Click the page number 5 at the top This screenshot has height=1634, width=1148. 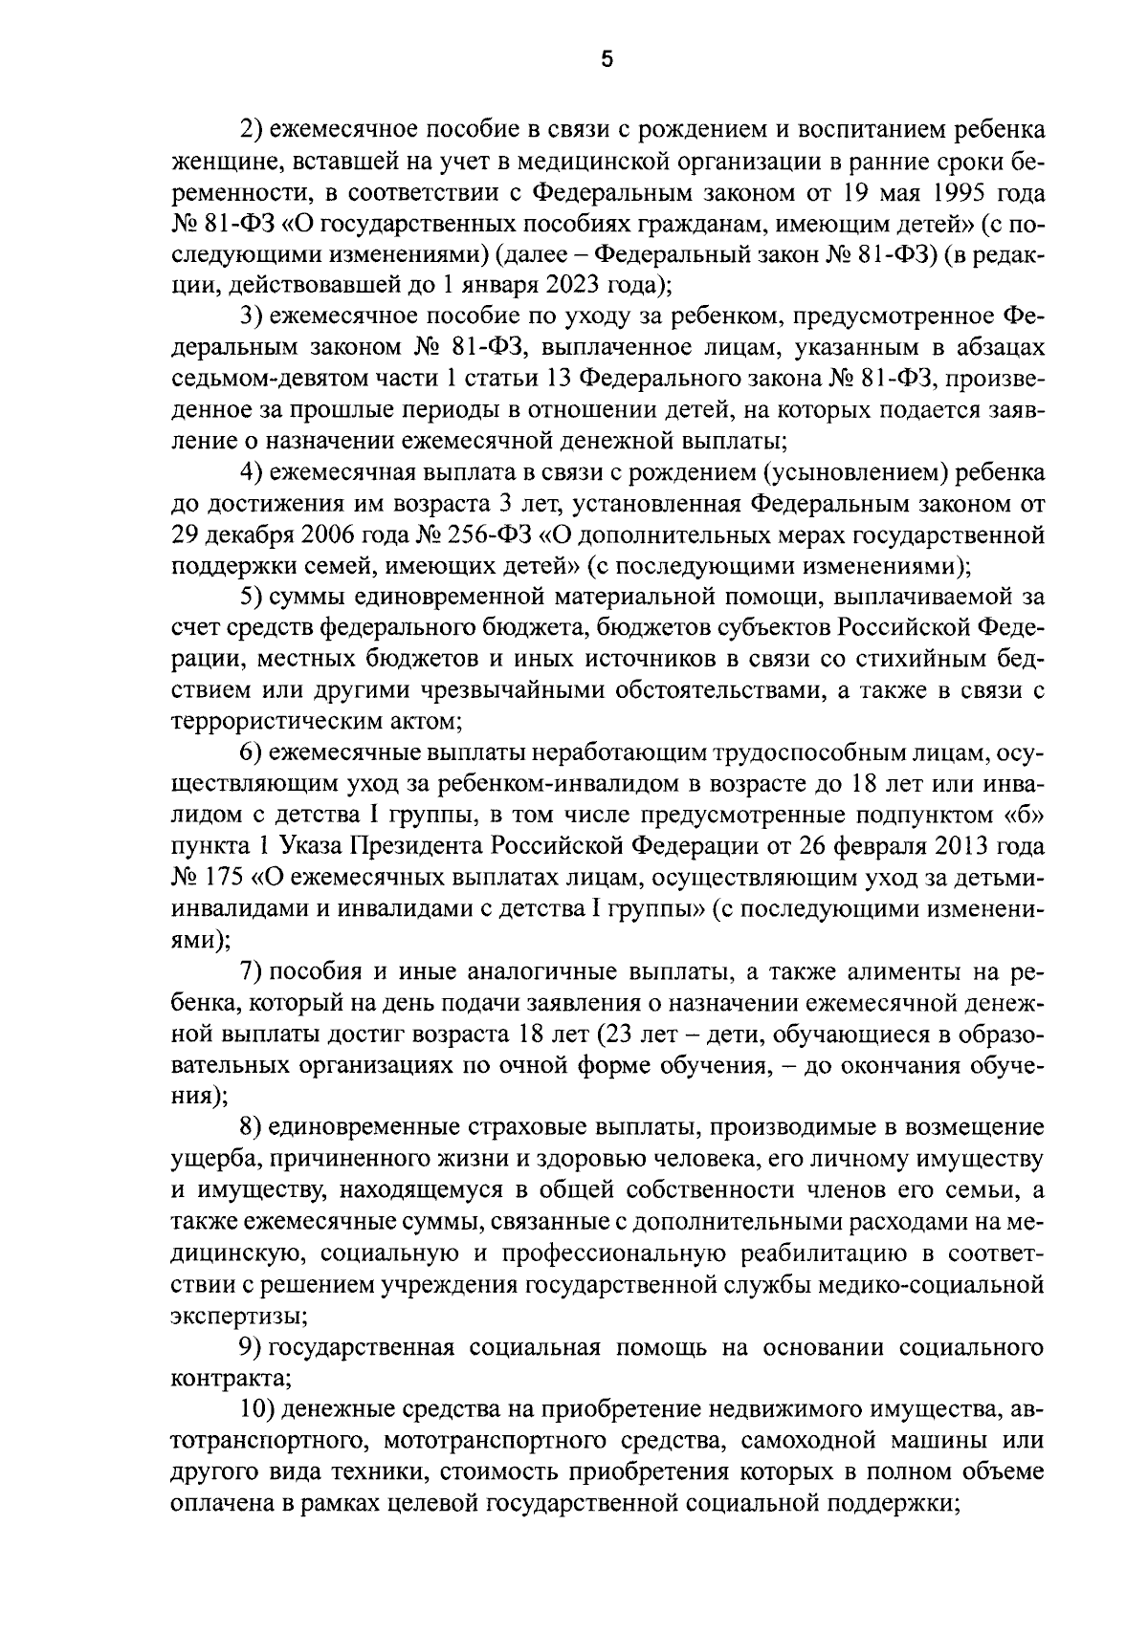pyautogui.click(x=606, y=59)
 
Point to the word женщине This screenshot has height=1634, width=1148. pyautogui.click(x=221, y=162)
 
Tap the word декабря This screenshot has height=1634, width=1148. pyautogui.click(x=258, y=534)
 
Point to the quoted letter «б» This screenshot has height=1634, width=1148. pyautogui.click(x=1022, y=816)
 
